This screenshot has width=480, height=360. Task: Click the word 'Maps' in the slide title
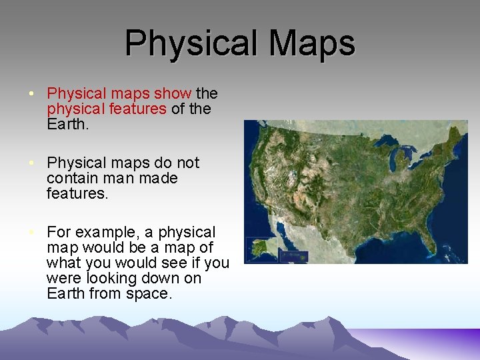coord(312,43)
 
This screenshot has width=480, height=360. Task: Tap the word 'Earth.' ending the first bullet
coord(67,124)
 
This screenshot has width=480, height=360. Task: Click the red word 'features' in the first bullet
coord(140,109)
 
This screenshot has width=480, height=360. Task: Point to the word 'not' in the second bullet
coord(186,163)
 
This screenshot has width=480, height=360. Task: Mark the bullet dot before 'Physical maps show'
coord(32,93)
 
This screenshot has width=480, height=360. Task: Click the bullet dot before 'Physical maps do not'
coord(32,163)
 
